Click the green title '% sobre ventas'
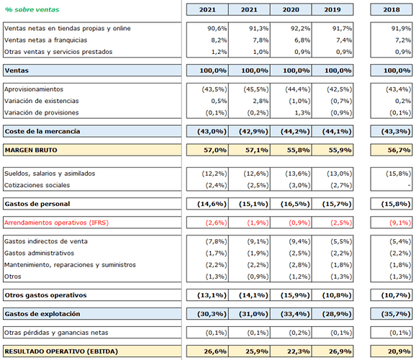pos(32,10)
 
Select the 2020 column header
pos(291,10)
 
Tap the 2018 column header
pos(392,10)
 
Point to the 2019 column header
pos(333,10)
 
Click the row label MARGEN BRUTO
pos(31,150)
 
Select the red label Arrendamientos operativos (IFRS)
pos(57,222)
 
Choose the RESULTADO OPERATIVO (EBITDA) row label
pos(61,351)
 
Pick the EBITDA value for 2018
pos(399,351)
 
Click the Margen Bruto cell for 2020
pos(298,150)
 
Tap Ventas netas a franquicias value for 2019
pos(344,40)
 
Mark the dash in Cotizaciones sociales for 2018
pos(410,185)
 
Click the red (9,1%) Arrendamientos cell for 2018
pos(400,222)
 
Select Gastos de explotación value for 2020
pos(295,314)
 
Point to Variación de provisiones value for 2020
pos(302,113)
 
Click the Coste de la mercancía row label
pos(42,132)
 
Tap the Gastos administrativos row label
pos(40,253)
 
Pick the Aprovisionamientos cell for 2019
pos(339,89)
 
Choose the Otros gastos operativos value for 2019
pos(337,295)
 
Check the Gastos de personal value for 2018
pos(396,204)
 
